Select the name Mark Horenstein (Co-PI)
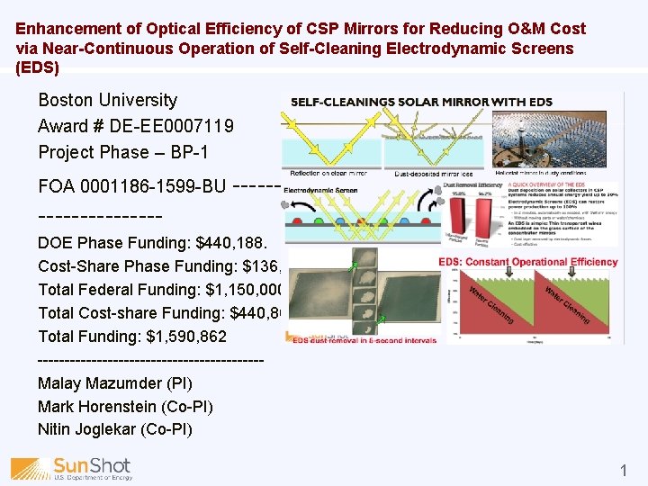[x=125, y=407]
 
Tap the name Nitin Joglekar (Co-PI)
[x=114, y=429]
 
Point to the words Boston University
[x=107, y=100]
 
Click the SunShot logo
[x=72, y=468]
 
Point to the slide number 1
[x=623, y=470]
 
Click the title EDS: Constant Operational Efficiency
[x=529, y=262]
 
